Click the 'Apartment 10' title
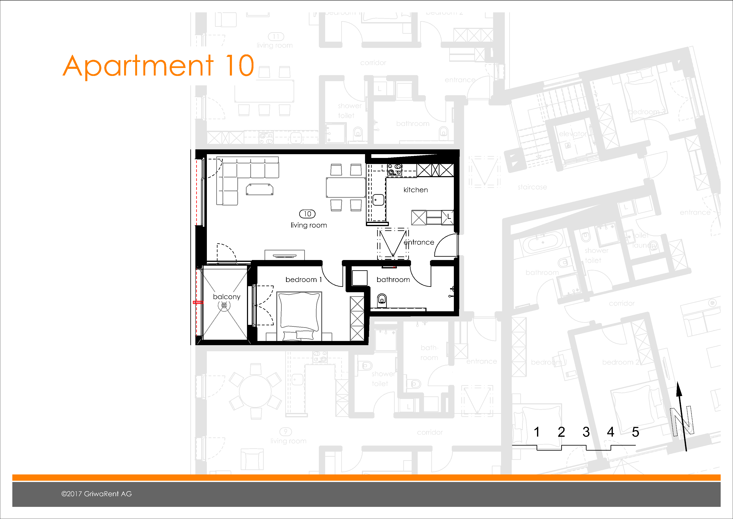158,66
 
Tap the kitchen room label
415,190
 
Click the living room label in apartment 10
308,225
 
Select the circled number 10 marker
307,214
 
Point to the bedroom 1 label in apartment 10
303,280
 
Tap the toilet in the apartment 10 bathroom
382,300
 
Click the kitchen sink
378,200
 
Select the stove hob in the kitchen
394,170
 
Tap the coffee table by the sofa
259,189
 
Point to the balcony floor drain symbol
224,305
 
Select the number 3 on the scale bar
586,432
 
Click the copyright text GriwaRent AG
96,494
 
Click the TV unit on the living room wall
284,256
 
